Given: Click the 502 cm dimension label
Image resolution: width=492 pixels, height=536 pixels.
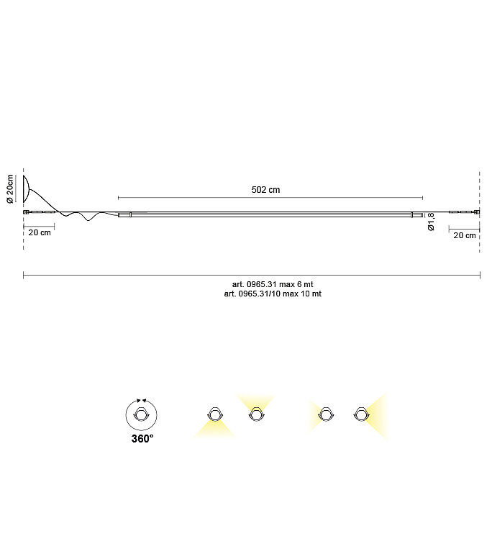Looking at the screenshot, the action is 265,190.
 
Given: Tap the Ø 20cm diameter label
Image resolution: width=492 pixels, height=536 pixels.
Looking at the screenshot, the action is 10,188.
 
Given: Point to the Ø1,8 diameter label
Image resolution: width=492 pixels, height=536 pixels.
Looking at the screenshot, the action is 431,222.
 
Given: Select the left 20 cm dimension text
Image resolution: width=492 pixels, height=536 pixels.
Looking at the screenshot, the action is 40,232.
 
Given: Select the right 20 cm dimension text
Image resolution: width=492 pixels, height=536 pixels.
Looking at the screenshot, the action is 465,235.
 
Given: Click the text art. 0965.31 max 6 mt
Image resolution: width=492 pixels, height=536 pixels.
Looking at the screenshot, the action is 273,284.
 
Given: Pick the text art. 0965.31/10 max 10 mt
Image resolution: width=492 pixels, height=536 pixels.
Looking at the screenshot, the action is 273,294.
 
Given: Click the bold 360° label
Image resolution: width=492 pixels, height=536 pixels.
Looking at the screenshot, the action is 142,438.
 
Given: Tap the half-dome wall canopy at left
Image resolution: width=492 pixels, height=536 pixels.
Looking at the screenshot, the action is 27,188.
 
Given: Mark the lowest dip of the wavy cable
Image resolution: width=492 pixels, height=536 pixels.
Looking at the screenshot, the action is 88,220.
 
